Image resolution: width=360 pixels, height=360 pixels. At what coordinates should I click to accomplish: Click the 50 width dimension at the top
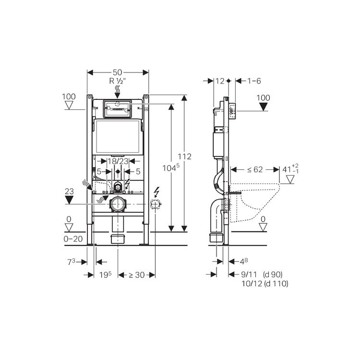(x=117, y=72)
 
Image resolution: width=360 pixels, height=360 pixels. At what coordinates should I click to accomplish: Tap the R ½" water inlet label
(x=117, y=81)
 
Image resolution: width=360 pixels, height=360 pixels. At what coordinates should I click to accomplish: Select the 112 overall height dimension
(x=184, y=156)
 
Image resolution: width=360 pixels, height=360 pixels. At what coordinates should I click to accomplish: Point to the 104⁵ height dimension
(x=171, y=168)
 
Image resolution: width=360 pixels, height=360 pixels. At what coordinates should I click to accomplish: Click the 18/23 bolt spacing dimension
(x=118, y=161)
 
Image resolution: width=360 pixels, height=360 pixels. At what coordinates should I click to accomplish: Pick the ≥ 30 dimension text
(x=137, y=275)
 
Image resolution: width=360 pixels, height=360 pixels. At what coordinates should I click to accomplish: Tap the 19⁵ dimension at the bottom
(x=106, y=275)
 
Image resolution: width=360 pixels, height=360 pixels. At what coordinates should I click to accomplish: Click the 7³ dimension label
(x=71, y=262)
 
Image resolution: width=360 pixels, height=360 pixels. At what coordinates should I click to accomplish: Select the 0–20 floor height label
(x=73, y=239)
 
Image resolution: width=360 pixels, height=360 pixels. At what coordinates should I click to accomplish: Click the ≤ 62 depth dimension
(x=255, y=169)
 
